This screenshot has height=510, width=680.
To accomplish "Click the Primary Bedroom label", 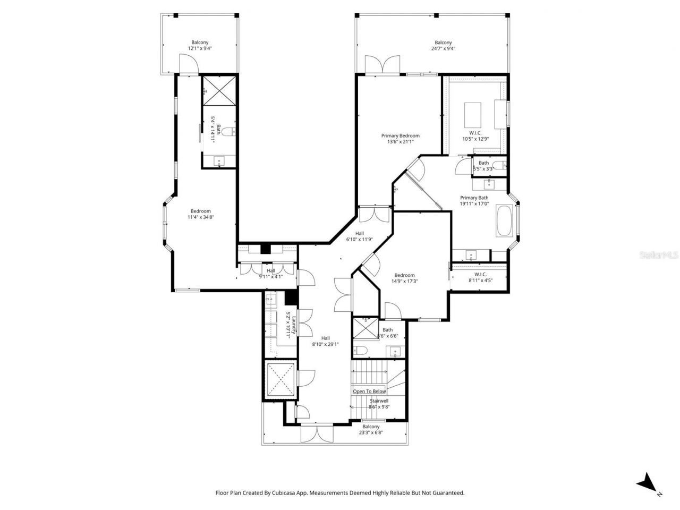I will click(x=400, y=135).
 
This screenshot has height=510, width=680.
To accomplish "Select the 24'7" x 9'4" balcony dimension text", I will click(x=443, y=48).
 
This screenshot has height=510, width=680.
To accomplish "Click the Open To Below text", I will click(x=369, y=392).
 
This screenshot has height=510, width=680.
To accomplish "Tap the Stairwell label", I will click(x=378, y=401).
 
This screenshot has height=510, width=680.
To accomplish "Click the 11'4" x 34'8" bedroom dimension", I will click(x=201, y=217).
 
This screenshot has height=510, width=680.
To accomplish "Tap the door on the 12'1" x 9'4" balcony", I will click(x=188, y=65).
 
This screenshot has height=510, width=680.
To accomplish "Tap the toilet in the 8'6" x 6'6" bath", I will click(x=362, y=350).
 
